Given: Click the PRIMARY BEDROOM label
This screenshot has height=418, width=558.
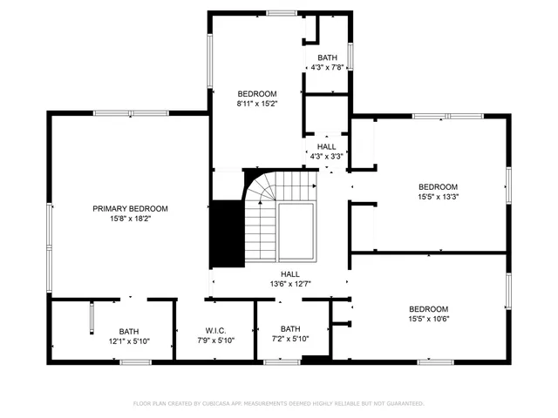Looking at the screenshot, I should click(x=131, y=209).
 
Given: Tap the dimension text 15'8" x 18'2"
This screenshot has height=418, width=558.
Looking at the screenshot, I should click(x=131, y=219).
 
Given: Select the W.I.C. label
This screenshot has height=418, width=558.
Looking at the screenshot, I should click(x=215, y=331).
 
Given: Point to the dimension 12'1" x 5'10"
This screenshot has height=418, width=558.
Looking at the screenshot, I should click(x=129, y=341).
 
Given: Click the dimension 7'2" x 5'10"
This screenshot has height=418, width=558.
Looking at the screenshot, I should click(x=290, y=339).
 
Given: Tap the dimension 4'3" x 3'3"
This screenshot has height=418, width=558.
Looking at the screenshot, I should click(x=327, y=157).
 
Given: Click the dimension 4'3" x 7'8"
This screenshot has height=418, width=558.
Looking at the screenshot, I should click(x=327, y=68).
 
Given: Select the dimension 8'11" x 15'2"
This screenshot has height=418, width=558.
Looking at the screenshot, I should click(x=257, y=104).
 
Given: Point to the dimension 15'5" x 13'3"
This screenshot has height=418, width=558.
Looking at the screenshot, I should click(x=438, y=197).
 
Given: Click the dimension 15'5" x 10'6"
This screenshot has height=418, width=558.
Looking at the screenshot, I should click(x=429, y=319).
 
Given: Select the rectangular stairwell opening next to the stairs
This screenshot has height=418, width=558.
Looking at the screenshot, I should click(x=296, y=232).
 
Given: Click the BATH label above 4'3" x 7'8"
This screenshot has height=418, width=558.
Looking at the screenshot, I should click(x=327, y=57).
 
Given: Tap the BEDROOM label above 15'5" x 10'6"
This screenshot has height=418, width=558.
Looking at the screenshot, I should click(x=429, y=309).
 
